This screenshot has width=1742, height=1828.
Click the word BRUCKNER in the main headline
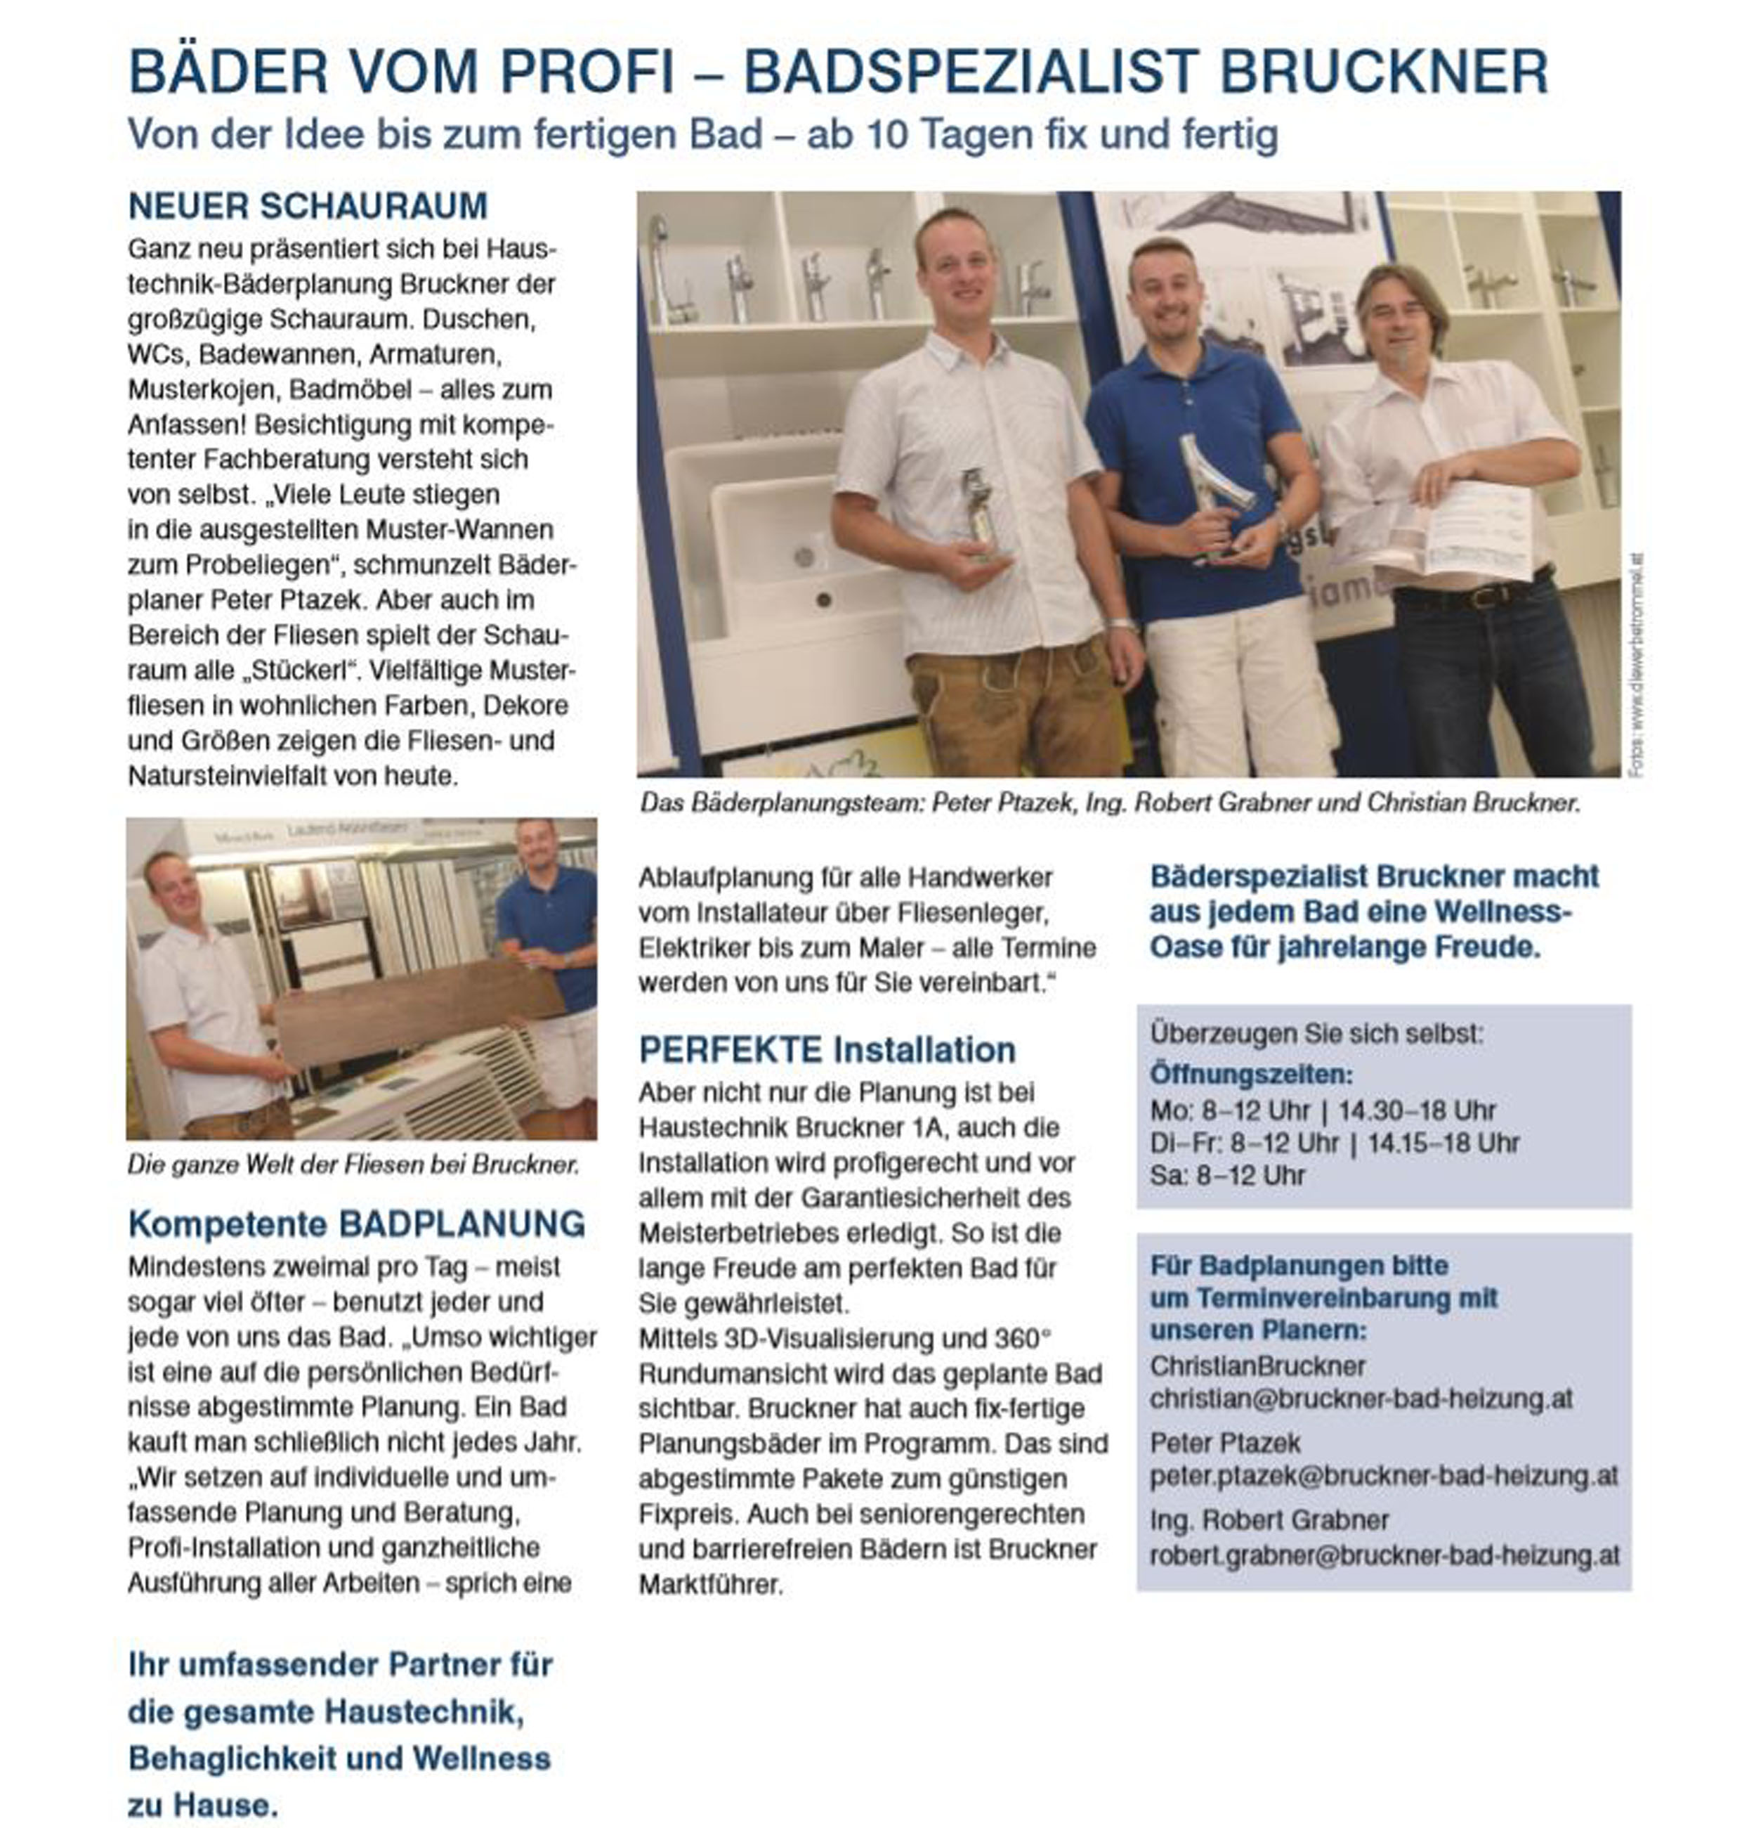[1384, 72]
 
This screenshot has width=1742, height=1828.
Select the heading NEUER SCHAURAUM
[308, 206]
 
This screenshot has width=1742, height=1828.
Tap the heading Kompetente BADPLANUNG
[357, 1224]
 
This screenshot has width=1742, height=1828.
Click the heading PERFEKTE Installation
[827, 1049]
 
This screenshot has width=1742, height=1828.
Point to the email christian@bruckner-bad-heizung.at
[1361, 1399]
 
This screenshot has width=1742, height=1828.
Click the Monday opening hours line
[1322, 1110]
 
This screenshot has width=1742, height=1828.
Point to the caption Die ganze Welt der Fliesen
[353, 1164]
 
